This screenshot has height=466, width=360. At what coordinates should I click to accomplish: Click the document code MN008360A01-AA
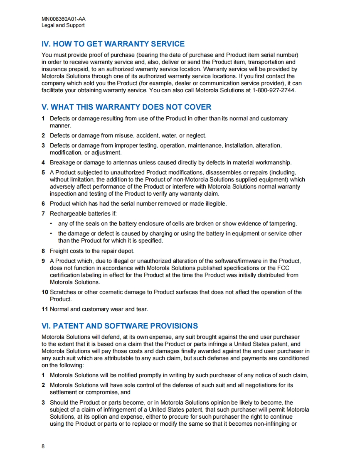coord(64,19)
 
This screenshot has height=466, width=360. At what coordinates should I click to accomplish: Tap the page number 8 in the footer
coord(43,446)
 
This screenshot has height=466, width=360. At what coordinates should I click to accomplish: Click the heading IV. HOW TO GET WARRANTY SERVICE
coord(113,44)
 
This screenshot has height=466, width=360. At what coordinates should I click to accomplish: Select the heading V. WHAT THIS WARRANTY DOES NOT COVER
coord(126,107)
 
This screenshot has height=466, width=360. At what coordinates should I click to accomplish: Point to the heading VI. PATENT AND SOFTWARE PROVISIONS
coord(120,326)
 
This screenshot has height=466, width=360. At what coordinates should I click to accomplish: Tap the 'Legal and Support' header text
coord(63,25)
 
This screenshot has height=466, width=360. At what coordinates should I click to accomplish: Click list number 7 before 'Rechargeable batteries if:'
coord(43,214)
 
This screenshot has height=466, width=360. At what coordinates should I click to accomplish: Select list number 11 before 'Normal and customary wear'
coord(44,309)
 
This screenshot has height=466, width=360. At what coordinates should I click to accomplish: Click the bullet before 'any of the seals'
coord(51,223)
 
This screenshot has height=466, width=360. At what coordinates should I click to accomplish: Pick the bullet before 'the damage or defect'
coord(51,234)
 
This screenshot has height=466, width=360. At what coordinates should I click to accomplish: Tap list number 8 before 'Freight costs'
coord(43,251)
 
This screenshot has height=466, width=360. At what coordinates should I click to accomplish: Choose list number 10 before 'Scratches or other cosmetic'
coord(44,292)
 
